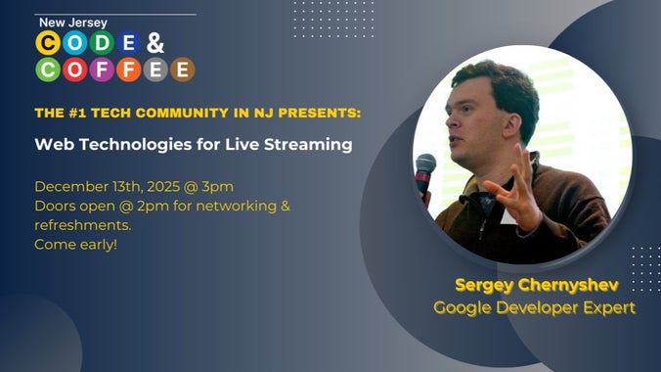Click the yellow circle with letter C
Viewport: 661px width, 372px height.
click(x=47, y=42)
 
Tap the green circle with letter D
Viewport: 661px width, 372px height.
click(x=101, y=42)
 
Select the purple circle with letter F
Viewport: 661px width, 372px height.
click(x=101, y=70)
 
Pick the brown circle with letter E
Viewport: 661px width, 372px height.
click(x=182, y=70)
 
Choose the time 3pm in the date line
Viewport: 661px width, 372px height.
click(x=217, y=186)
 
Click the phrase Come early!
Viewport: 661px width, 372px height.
click(x=75, y=243)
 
